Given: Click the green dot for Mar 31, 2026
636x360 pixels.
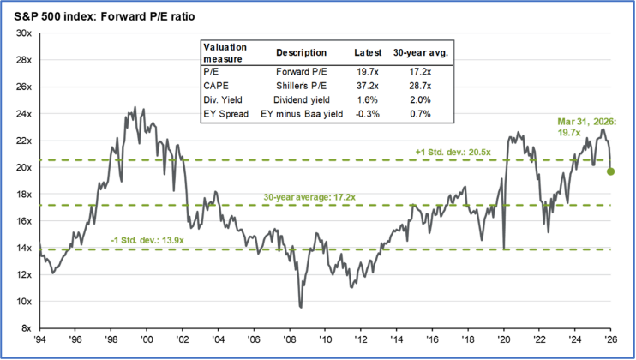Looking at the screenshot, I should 611,171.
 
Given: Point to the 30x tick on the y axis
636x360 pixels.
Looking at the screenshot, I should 23,33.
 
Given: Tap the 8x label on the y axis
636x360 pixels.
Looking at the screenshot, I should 26,328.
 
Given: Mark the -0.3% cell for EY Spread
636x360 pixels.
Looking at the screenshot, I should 368,113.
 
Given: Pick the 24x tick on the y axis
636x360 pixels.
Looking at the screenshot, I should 23,114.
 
